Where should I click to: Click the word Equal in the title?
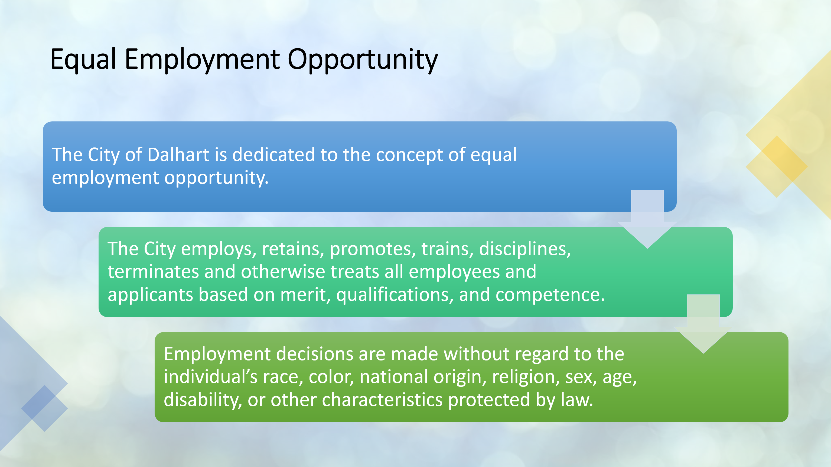[x=83, y=60]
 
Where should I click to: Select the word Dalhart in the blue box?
[x=178, y=154]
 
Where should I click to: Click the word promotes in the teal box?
[x=373, y=249]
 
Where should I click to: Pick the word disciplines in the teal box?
[x=525, y=249]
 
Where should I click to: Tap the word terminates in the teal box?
[x=153, y=272]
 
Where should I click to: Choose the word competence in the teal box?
[x=550, y=295]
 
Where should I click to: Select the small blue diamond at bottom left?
[x=44, y=408]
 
